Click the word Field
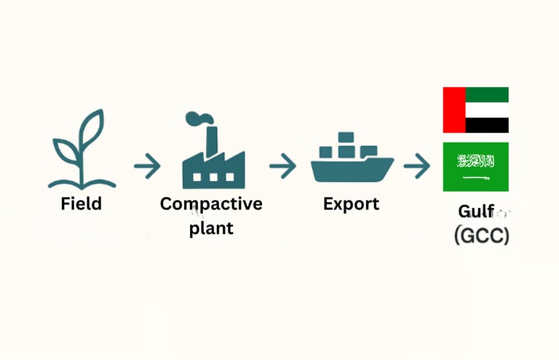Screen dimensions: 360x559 click(x=81, y=204)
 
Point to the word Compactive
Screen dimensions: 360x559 click(x=211, y=204)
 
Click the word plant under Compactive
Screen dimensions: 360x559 click(x=211, y=228)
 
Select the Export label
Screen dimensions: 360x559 click(x=351, y=204)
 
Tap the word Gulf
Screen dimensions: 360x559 click(x=476, y=212)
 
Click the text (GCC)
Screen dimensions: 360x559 click(x=481, y=236)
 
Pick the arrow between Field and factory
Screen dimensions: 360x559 click(x=147, y=167)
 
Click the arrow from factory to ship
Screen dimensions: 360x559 click(x=282, y=167)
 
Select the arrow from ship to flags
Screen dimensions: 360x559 click(x=417, y=167)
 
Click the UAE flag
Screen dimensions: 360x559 click(x=475, y=110)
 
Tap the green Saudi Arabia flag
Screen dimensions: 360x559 click(x=475, y=167)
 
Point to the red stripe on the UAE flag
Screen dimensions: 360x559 click(x=453, y=110)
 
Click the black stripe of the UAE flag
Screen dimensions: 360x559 click(x=486, y=126)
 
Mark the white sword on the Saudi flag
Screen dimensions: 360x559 click(x=476, y=177)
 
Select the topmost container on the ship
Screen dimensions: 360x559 click(x=346, y=137)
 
